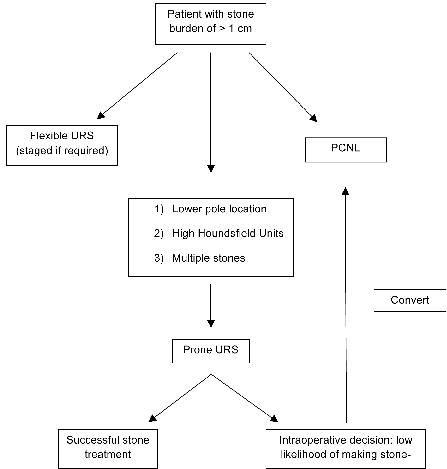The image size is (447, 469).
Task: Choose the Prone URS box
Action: point(210,351)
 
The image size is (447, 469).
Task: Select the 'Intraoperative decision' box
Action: point(357,447)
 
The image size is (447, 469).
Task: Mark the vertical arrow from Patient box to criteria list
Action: point(210,110)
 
